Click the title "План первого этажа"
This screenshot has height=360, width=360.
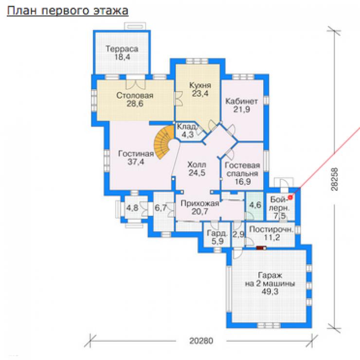[68, 11]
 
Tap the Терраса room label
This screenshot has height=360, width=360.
[122, 49]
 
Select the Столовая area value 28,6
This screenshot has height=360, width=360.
[135, 104]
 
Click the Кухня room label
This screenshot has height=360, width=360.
[200, 86]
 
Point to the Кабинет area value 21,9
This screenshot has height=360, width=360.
[241, 109]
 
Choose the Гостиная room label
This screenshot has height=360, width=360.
[136, 154]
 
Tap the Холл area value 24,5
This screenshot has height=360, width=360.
[197, 173]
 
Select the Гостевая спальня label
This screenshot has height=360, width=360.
[242, 169]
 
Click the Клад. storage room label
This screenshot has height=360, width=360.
[187, 126]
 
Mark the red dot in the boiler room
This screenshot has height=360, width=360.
[290, 197]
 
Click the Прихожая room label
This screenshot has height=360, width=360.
[200, 203]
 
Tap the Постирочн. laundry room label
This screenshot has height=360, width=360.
[271, 229]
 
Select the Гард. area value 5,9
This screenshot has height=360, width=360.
[217, 241]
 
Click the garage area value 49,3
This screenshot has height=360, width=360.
[270, 291]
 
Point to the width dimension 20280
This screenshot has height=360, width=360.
[201, 341]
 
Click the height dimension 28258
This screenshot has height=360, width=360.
[335, 180]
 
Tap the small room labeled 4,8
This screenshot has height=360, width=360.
[132, 208]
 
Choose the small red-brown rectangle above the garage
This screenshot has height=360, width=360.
[261, 248]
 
